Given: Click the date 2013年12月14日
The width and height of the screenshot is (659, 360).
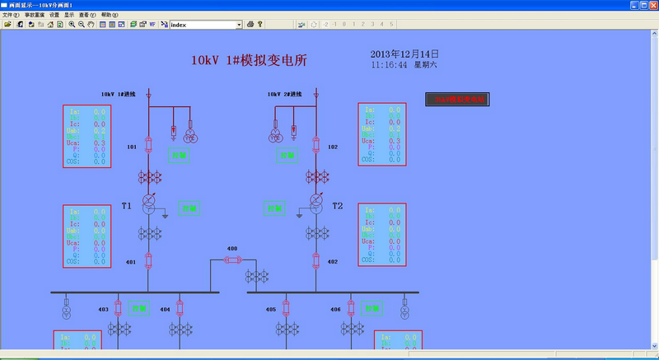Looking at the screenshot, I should [x=404, y=54].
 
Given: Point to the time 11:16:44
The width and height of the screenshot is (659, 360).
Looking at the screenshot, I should [x=390, y=64].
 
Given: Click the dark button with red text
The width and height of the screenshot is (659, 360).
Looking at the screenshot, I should [x=456, y=100].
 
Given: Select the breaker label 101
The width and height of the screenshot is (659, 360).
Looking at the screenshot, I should [x=132, y=147].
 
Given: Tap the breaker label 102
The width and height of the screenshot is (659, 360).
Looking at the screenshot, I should [x=333, y=147].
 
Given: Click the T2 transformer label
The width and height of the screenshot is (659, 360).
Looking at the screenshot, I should [x=337, y=205].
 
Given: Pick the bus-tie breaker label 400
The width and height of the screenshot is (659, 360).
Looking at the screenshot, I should [x=232, y=248].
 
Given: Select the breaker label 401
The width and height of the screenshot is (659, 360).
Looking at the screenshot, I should [x=131, y=262].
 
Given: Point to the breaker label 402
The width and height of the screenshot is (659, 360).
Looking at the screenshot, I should [x=333, y=262].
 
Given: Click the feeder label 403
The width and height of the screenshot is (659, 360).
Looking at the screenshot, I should [x=104, y=310].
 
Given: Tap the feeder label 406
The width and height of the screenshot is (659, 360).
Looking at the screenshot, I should [x=335, y=310].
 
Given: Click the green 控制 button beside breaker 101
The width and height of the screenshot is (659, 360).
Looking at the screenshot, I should [x=179, y=154].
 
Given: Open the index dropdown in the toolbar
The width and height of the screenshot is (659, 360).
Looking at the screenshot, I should [x=239, y=25].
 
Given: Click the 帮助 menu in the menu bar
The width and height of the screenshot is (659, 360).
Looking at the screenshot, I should [x=110, y=15].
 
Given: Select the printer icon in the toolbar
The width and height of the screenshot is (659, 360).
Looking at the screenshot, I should [x=250, y=25].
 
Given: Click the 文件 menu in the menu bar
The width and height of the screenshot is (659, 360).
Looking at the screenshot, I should [x=11, y=15].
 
